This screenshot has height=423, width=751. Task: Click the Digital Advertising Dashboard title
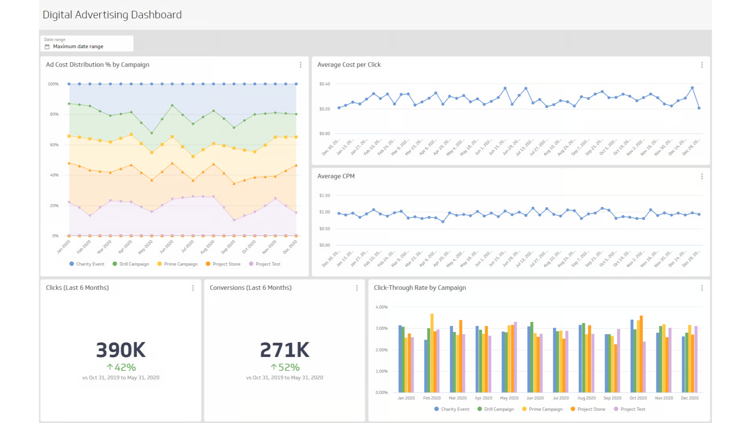click(x=112, y=15)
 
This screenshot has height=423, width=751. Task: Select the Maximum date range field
click(x=78, y=46)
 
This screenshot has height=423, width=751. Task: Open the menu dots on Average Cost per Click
click(x=702, y=65)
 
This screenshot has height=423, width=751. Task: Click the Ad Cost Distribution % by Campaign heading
click(x=97, y=65)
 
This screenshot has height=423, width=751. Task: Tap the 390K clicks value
click(x=120, y=350)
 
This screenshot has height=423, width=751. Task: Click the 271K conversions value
click(x=284, y=350)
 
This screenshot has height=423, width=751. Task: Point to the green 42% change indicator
click(x=121, y=367)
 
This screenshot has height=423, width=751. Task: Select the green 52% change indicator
click(x=285, y=367)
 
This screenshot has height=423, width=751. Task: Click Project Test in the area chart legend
click(x=268, y=264)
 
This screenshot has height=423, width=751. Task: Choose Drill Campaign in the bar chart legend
click(x=499, y=409)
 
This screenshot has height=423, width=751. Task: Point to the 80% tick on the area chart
click(x=54, y=114)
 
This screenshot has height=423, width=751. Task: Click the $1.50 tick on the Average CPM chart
click(x=324, y=195)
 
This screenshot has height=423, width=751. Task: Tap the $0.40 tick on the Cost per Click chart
click(x=324, y=84)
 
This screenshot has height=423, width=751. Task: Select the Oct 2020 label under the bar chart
click(x=638, y=398)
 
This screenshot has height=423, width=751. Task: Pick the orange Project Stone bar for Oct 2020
click(x=641, y=354)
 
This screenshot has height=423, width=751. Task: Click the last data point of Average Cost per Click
click(x=699, y=108)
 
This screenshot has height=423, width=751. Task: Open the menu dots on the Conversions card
click(x=357, y=288)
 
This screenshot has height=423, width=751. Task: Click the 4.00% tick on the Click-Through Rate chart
click(x=381, y=307)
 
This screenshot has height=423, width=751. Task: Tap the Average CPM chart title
click(x=336, y=176)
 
